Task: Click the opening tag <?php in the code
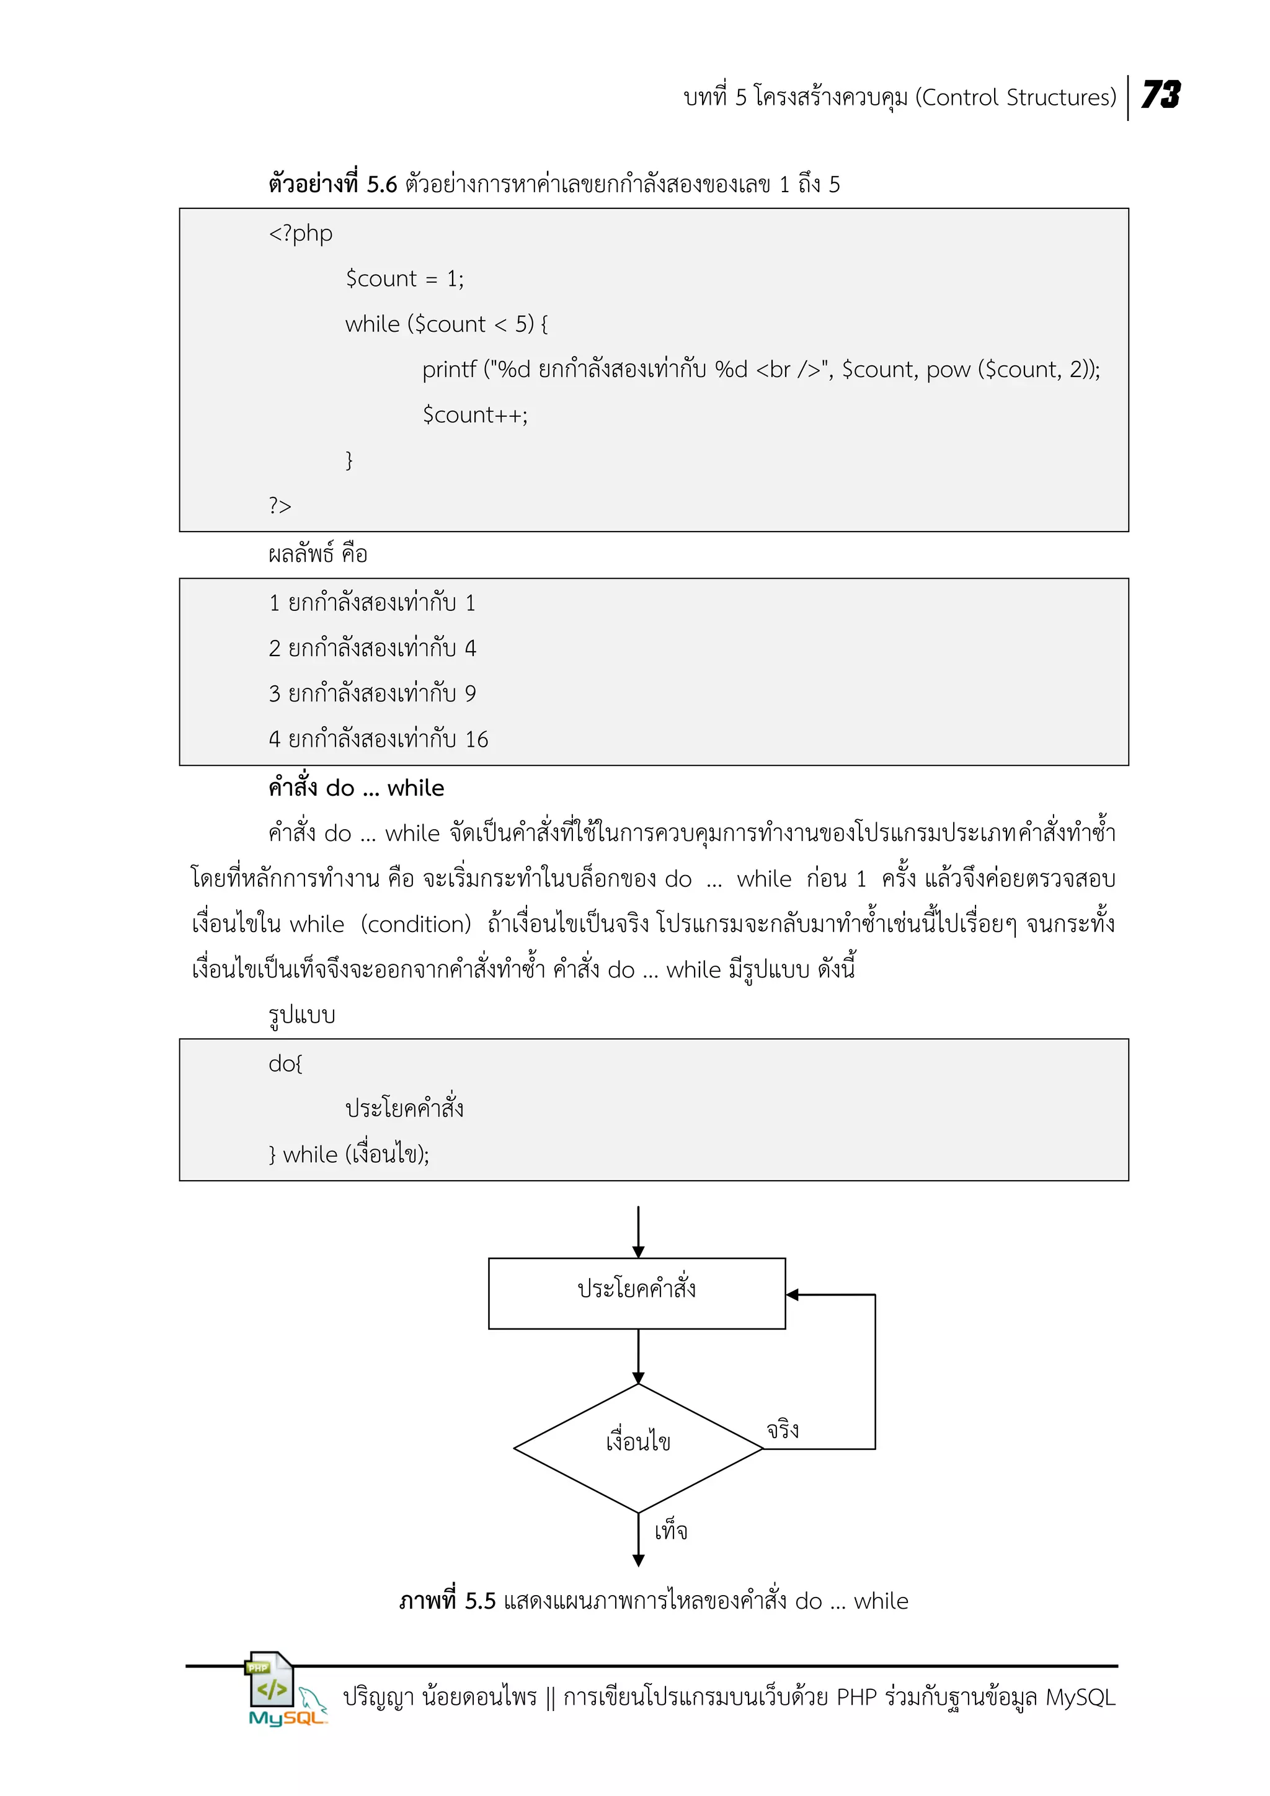(300, 233)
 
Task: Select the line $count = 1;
(404, 278)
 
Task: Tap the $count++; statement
(474, 415)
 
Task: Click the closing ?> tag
(280, 505)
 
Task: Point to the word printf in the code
(449, 369)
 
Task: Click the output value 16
(476, 739)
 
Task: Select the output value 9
(470, 694)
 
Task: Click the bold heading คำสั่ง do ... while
(356, 788)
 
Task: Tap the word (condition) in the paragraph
(416, 925)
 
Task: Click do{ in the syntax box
(285, 1063)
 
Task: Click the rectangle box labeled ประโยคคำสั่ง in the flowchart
(637, 1293)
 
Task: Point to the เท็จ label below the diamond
(671, 1531)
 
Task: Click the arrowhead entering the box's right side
(792, 1294)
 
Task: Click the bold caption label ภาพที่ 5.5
(447, 1601)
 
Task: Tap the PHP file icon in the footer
(270, 1680)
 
